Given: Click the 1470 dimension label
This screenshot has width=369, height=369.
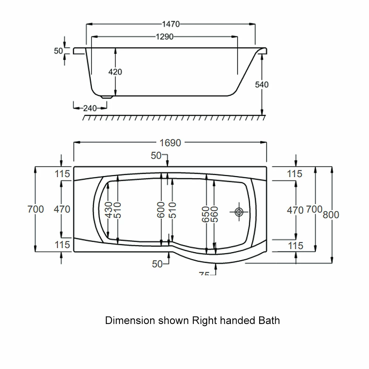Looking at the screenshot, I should [170, 24].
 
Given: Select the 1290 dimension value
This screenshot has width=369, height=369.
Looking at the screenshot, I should [164, 37].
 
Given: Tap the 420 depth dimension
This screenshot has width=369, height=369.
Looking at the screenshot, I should [115, 72].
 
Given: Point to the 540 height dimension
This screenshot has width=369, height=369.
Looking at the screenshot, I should [262, 85].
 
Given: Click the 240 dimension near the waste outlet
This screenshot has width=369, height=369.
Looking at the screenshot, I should [90, 108].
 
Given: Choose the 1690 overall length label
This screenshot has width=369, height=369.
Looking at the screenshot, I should [170, 143].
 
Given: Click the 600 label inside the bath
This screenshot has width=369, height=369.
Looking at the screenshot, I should [161, 210].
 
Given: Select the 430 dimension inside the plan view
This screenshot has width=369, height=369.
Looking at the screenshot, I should [109, 210].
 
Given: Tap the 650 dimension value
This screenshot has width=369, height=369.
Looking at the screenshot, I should [206, 214].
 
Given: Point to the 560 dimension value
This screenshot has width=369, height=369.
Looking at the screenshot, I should [215, 214].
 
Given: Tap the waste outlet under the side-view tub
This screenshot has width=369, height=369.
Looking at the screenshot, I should [107, 96].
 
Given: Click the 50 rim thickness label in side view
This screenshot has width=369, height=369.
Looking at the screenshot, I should [59, 51].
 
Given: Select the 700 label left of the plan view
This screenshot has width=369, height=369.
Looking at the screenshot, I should [35, 209].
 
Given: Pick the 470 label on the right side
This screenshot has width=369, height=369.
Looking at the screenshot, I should [295, 210].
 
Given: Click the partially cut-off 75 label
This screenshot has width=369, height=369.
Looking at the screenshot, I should [204, 274].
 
